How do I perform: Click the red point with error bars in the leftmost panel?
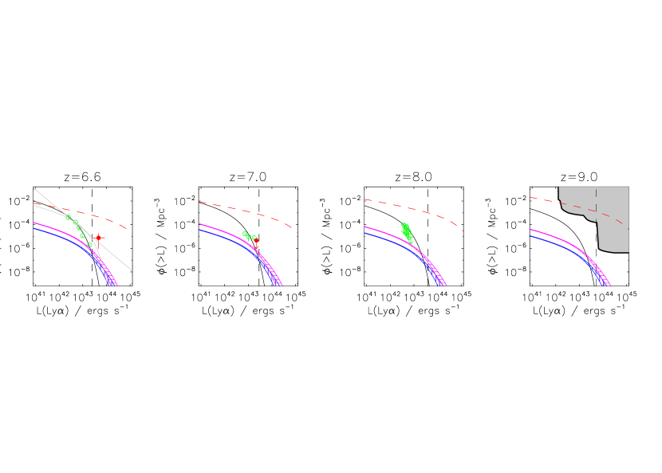[x=98, y=238]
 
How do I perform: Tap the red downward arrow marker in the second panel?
[x=256, y=243]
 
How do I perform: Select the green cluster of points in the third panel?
[x=407, y=232]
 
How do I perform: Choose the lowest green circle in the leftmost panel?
[x=90, y=245]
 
